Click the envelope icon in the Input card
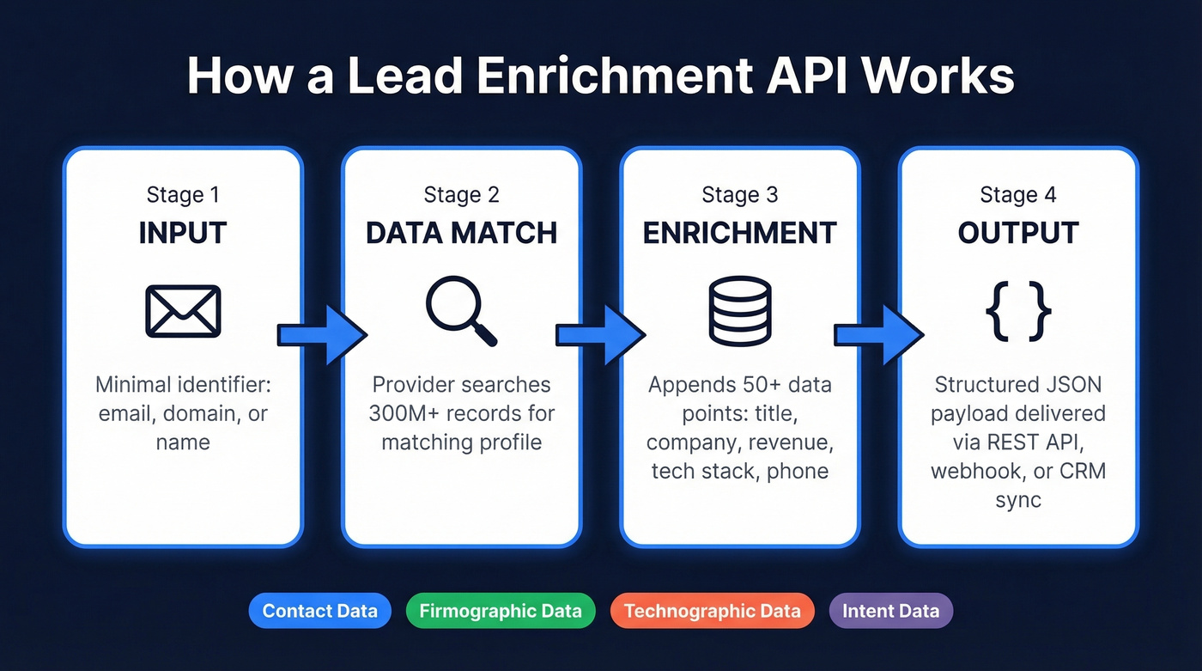[x=183, y=310]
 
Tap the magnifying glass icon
[x=461, y=310]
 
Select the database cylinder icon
[x=739, y=310]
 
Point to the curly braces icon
[x=1018, y=310]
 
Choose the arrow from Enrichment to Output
[x=878, y=334]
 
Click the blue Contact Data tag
[x=319, y=612]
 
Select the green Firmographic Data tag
[x=501, y=612]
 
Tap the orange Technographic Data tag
[x=712, y=612]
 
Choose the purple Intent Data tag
[x=890, y=612]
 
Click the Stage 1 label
[x=183, y=195]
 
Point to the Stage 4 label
[x=1018, y=195]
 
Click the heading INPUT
[x=183, y=233]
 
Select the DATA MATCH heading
[x=461, y=233]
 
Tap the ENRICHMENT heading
[x=739, y=233]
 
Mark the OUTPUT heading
[x=1018, y=233]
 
